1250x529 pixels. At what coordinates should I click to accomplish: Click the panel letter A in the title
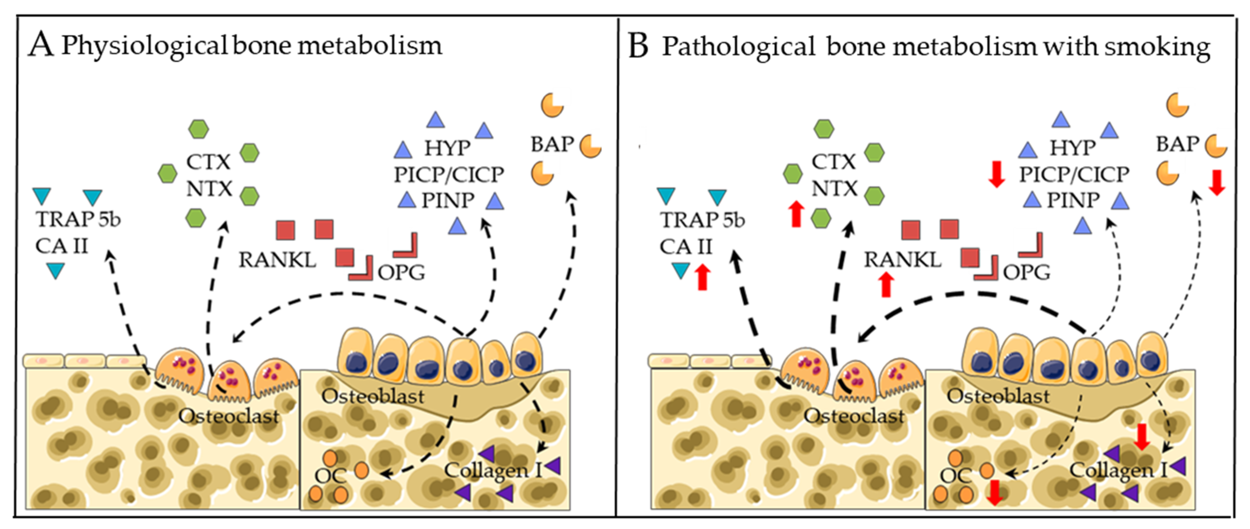(41, 46)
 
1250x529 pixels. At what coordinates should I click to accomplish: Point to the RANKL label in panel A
(277, 260)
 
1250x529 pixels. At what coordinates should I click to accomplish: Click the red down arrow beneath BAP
(1217, 182)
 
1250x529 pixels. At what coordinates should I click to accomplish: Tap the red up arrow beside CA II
(702, 277)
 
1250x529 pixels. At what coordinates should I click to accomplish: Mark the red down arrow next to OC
(995, 493)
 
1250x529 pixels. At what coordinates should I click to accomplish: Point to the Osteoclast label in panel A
(229, 416)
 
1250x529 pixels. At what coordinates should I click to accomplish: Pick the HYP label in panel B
(1073, 148)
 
